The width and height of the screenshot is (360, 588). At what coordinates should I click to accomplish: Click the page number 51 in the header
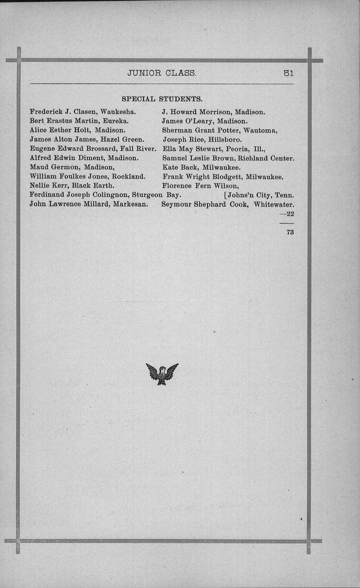[289, 73]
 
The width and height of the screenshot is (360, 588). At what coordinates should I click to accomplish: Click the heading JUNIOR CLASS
[162, 73]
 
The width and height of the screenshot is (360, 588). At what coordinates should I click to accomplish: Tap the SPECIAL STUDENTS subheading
[162, 99]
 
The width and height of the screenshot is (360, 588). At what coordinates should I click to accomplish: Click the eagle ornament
[162, 374]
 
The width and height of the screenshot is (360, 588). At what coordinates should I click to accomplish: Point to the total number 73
[290, 232]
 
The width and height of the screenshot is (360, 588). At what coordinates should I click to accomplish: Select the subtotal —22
[288, 214]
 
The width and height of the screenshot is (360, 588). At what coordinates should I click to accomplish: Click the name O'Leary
[199, 121]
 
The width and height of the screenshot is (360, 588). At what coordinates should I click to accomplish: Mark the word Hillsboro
[225, 140]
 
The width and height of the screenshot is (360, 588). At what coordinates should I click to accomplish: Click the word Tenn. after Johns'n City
[284, 195]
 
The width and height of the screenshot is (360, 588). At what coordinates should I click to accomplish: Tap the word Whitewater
[274, 204]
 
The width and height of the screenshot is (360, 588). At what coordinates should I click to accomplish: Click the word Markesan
[130, 204]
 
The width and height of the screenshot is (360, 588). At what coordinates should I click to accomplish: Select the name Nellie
[40, 185]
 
